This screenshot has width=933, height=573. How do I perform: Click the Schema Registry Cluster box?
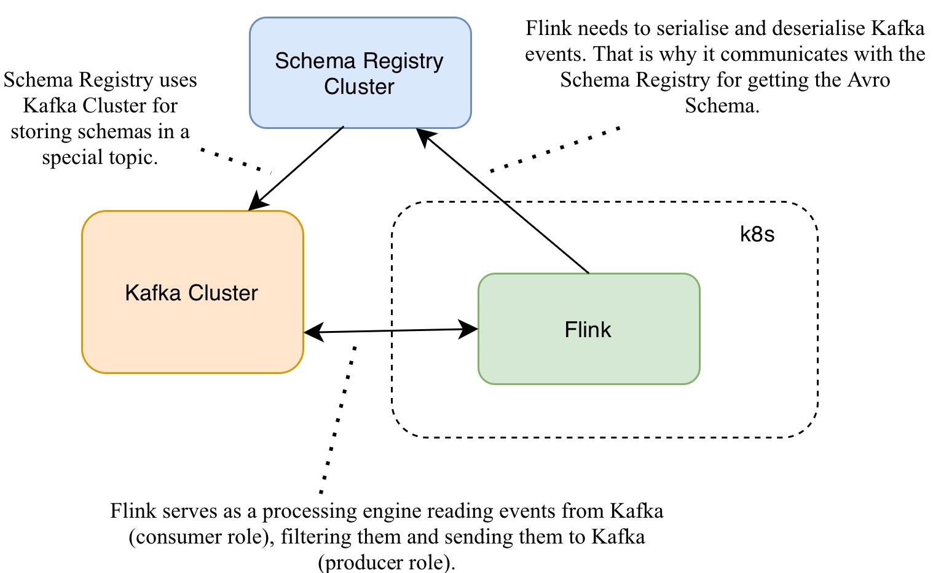[360, 73]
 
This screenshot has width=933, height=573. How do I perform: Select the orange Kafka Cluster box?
[192, 292]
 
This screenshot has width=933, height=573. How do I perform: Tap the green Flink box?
[588, 329]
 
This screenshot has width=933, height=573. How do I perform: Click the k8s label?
[757, 234]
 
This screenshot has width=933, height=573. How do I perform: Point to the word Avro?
[868, 80]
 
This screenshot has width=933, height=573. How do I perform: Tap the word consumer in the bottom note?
[182, 537]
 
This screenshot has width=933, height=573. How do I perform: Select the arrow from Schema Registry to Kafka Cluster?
[296, 168]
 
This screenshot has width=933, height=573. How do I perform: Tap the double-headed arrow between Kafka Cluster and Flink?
[391, 331]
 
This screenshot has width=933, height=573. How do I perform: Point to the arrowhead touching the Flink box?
[470, 330]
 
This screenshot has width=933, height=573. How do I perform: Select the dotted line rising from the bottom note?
[337, 418]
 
